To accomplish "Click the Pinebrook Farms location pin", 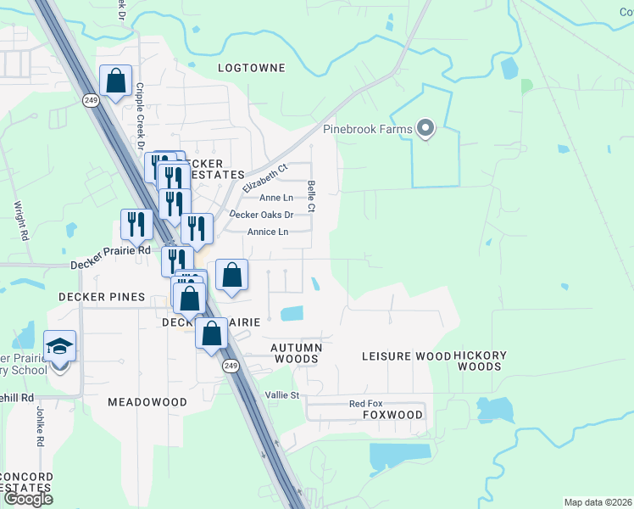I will pos(426,129).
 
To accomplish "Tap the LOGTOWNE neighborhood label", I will pos(252,67).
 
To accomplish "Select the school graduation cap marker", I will pos(60,346).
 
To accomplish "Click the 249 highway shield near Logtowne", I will pos(91,100).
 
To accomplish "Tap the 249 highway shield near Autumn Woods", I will pos(229,366).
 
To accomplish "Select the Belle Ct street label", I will pos(312,196).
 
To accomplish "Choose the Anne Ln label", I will pos(275,198).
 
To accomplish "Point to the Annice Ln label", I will pos(268,232).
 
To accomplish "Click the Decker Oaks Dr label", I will pos(261,215).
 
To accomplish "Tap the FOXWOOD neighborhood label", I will pos(392,415).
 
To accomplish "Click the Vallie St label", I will pos(283,395).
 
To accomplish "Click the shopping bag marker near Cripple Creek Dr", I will pos(116,81).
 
